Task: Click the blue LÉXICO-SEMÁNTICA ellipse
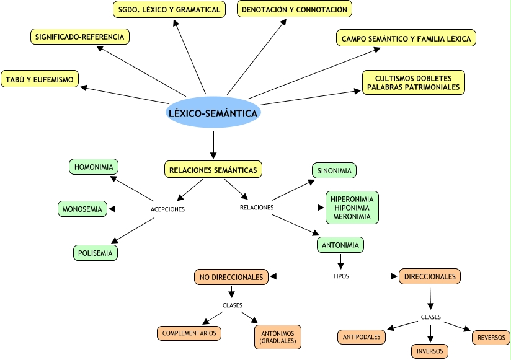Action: (213, 113)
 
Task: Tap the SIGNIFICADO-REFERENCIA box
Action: (79, 37)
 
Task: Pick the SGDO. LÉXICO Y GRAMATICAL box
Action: (169, 9)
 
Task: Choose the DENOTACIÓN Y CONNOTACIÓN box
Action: (295, 9)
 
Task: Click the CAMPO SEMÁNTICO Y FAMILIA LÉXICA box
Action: (406, 38)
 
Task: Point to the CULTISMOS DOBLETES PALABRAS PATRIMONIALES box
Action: (413, 83)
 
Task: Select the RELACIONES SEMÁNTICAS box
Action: (213, 169)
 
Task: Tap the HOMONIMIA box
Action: (94, 167)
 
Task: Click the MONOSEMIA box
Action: (82, 209)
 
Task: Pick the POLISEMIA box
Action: (95, 252)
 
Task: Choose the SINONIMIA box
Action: (334, 170)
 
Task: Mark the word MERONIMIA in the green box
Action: (352, 216)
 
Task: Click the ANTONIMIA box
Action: (340, 245)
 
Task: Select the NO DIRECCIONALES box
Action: (231, 277)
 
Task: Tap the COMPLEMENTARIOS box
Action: (189, 333)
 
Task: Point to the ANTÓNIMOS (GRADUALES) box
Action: (277, 337)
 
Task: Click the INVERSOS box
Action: (430, 351)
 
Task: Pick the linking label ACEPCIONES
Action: (167, 209)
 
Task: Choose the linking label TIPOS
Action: (342, 276)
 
